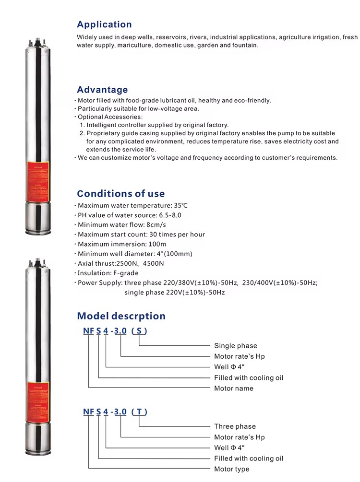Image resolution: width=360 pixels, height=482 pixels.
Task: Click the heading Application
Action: [x=104, y=24]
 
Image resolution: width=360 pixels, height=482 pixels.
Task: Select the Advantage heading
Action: [x=102, y=90]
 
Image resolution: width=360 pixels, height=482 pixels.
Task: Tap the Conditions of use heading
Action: [x=120, y=194]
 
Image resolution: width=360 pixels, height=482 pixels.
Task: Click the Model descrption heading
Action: [x=121, y=316]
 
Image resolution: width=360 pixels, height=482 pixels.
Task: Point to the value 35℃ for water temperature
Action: [x=168, y=205]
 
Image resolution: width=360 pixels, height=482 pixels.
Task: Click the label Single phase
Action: [x=235, y=346]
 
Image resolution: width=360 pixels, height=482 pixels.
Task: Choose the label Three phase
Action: [x=235, y=426]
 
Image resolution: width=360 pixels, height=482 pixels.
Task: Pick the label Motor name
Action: [x=233, y=388]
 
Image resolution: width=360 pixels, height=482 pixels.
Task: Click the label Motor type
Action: [x=232, y=469]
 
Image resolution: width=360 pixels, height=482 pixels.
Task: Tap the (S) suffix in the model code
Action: [x=139, y=331]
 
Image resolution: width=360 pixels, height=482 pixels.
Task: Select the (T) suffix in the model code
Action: [x=139, y=411]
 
